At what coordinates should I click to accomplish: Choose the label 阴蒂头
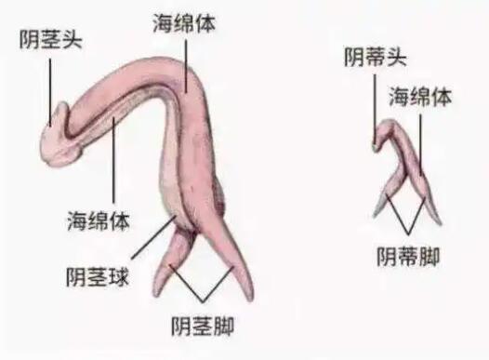tap(375, 58)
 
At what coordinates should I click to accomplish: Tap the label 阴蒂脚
tap(408, 253)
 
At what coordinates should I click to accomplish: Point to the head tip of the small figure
tap(376, 140)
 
